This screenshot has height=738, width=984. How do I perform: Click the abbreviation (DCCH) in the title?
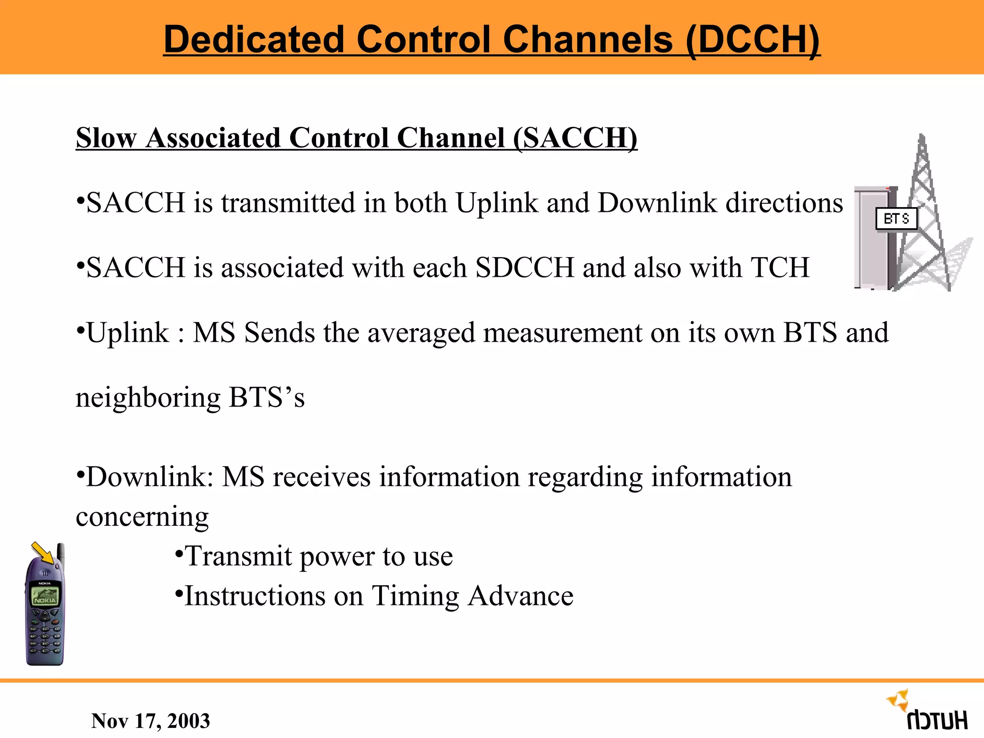pyautogui.click(x=752, y=39)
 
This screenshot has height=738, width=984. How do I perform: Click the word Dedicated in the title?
pyautogui.click(x=254, y=39)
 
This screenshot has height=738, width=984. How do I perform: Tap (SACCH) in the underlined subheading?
pyautogui.click(x=575, y=138)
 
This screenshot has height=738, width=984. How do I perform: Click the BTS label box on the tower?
pyautogui.click(x=896, y=219)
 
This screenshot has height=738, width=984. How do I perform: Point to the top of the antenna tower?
pyautogui.click(x=922, y=139)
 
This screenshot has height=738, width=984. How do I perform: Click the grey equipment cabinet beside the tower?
pyautogui.click(x=872, y=240)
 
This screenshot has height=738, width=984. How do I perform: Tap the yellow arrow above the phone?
pyautogui.click(x=43, y=553)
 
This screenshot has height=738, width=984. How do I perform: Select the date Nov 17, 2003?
pyautogui.click(x=150, y=721)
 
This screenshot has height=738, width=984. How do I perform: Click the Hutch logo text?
pyautogui.click(x=937, y=721)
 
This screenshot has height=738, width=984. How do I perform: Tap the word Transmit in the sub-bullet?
pyautogui.click(x=238, y=556)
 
